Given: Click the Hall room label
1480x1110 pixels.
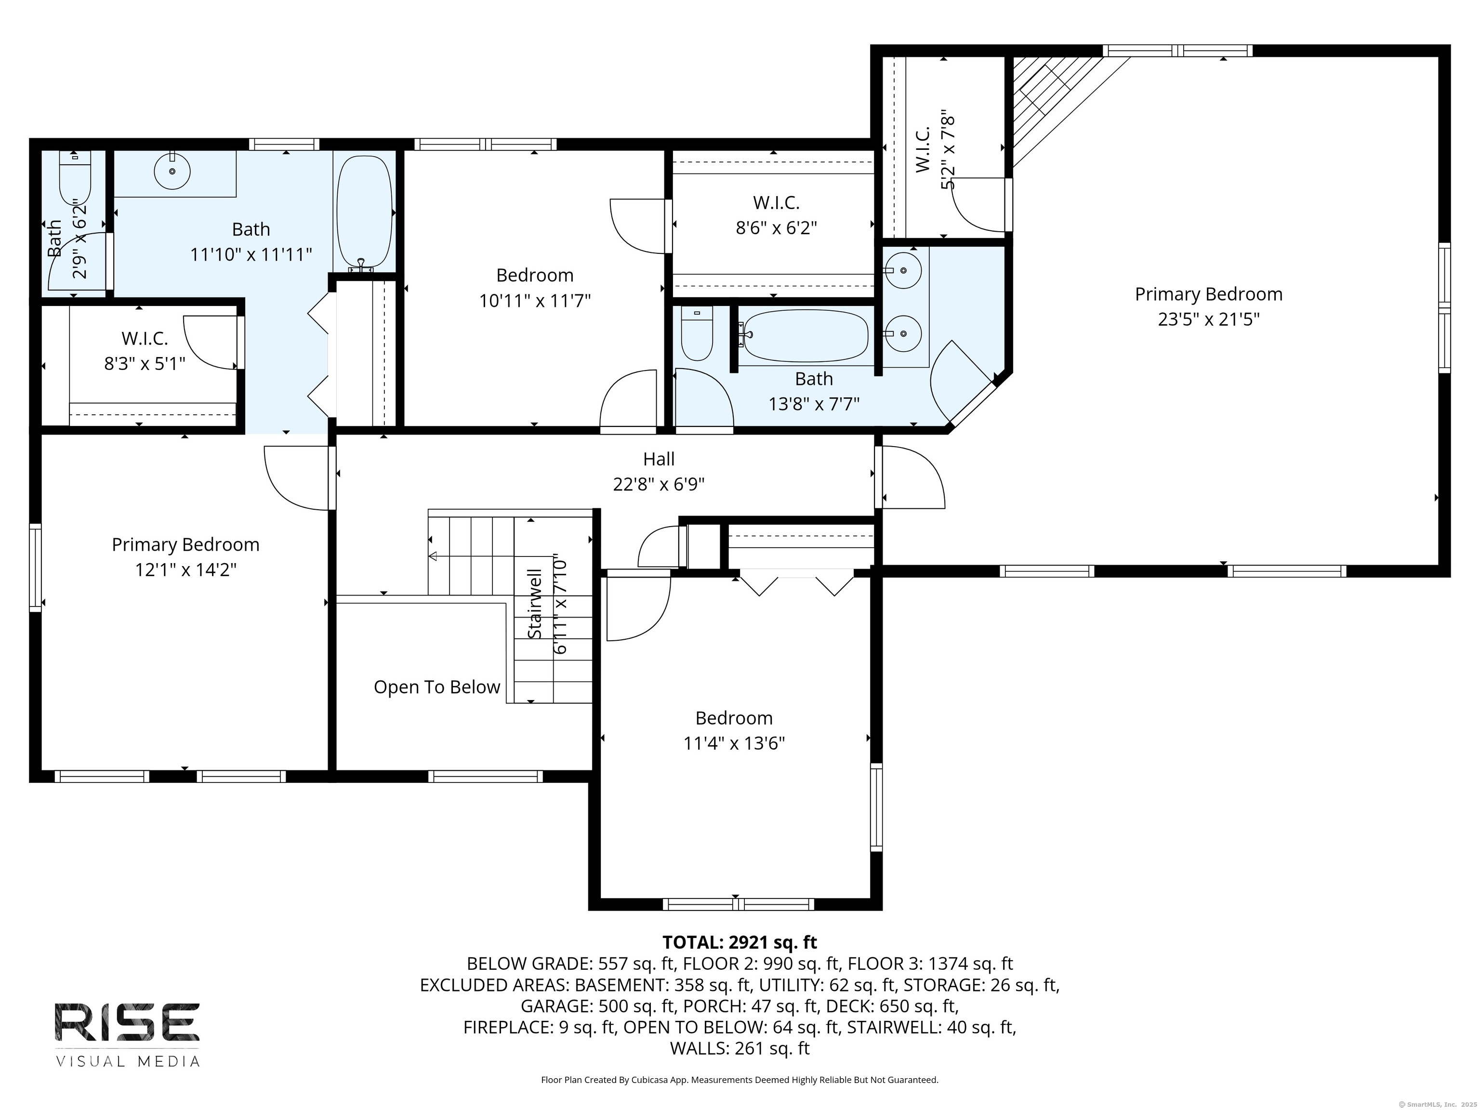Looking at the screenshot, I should [x=659, y=459].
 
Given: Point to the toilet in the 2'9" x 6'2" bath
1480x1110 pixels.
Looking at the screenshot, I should [x=74, y=179].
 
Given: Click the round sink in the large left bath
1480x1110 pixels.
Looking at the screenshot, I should [x=172, y=172].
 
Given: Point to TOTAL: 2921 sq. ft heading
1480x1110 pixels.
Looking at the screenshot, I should [x=740, y=942].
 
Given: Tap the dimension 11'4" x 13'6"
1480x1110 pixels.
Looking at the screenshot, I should [x=734, y=743].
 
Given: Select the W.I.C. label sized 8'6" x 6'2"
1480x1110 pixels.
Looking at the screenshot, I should [x=776, y=202].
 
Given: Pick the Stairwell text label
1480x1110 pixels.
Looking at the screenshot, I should [x=535, y=604].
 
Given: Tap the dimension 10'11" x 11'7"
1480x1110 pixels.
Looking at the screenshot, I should [x=535, y=301].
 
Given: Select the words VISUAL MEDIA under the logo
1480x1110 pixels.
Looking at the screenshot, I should [x=127, y=1062].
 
